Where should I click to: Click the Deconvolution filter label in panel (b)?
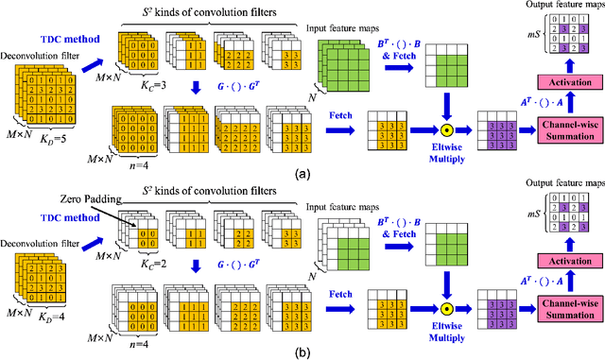tap(38, 248)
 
